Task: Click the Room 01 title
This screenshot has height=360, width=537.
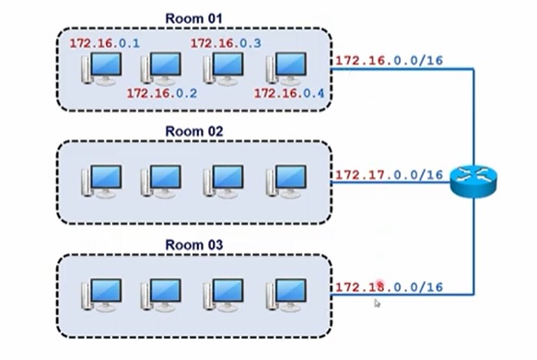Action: (x=193, y=17)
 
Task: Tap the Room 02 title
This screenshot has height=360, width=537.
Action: (x=193, y=131)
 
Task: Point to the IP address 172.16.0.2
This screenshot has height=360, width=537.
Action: (x=162, y=93)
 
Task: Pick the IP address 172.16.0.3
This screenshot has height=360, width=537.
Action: (x=226, y=44)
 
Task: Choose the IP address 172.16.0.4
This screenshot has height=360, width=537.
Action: (x=289, y=93)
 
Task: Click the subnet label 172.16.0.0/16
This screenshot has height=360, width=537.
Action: (x=389, y=61)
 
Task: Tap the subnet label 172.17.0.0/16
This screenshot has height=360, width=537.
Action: (x=389, y=174)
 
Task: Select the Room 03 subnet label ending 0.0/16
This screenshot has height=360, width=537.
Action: (x=389, y=287)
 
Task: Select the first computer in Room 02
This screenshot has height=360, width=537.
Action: (x=100, y=182)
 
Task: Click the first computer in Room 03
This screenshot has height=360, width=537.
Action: (x=100, y=296)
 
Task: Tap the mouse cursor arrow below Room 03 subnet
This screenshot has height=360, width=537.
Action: (x=378, y=303)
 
